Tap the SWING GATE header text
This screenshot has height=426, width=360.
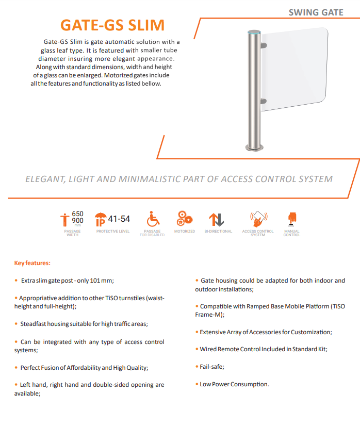(x=316, y=12)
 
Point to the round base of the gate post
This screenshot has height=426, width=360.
(x=253, y=149)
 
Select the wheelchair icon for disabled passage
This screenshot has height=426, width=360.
(x=152, y=219)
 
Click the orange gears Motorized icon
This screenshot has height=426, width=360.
(x=184, y=218)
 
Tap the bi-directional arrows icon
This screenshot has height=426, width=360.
(x=218, y=219)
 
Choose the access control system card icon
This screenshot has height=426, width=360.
(x=257, y=218)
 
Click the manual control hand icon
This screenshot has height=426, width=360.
(x=291, y=218)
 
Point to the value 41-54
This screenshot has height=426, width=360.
(x=119, y=219)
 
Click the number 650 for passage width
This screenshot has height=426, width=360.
(x=77, y=214)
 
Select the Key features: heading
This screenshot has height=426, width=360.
(x=32, y=264)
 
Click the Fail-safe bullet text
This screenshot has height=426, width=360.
(x=212, y=367)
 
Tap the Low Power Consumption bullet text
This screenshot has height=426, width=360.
(x=234, y=384)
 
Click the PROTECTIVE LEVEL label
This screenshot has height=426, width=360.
(x=113, y=232)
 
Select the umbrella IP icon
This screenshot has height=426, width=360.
(x=101, y=219)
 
